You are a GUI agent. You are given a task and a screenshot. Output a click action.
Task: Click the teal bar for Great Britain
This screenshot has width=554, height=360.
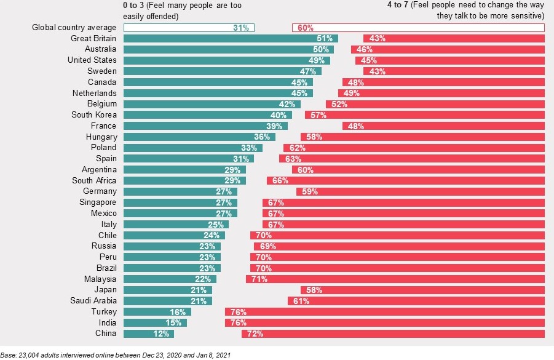point(231,38)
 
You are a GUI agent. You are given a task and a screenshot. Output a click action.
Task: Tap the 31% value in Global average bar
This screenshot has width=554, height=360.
point(241,28)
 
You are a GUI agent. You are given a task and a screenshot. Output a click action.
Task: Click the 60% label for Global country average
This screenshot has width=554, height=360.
point(306,28)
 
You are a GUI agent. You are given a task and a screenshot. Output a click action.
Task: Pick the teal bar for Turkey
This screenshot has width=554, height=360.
point(157,312)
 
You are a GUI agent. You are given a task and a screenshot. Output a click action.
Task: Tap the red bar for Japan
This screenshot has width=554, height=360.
point(422,290)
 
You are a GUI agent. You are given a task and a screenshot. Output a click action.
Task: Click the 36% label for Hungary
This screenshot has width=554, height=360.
point(262,137)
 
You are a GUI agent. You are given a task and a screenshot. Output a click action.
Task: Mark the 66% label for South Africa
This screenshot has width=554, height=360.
point(280,181)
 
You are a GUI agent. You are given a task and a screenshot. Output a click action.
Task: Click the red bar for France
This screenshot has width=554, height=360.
point(443,126)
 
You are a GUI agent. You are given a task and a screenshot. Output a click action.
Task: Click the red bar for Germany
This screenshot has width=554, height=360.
point(421,192)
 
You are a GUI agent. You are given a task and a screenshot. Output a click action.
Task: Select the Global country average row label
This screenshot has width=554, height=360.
point(74,28)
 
